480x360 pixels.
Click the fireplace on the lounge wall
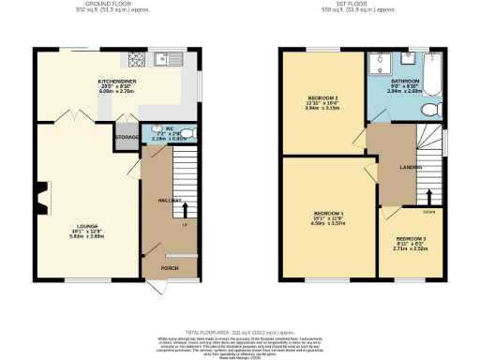coord(40,197)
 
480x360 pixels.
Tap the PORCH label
coord(170,268)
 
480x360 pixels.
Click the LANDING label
coord(408,167)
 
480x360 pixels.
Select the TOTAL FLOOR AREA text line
coord(239,332)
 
